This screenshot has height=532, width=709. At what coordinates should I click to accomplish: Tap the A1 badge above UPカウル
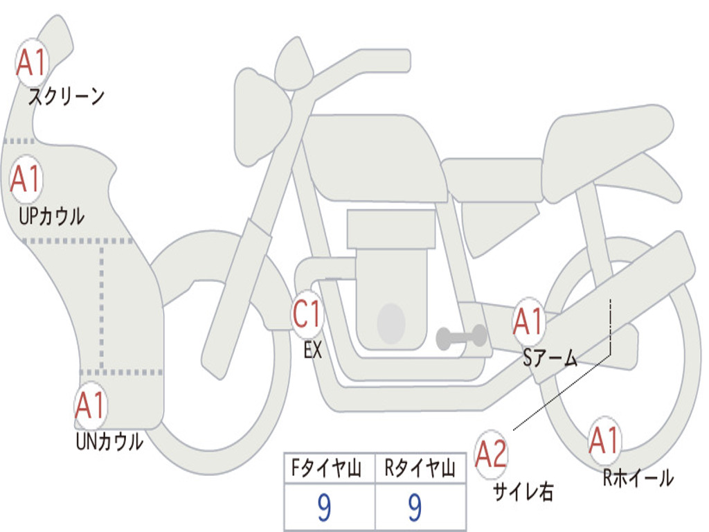coord(26,179)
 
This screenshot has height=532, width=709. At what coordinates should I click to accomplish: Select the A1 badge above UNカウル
coord(91,405)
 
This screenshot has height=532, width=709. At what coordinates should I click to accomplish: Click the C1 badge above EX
coord(307,314)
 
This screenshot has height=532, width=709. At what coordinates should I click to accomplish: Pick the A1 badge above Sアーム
coord(528,322)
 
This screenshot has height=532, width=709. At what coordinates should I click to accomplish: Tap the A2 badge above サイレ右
coord(491,454)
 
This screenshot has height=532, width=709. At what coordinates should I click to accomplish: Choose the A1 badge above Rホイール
coord(604,441)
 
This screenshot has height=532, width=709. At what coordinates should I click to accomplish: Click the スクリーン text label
coord(66,96)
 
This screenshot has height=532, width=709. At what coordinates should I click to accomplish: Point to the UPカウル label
coord(51,216)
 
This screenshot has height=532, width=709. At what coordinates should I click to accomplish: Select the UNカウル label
coord(109,441)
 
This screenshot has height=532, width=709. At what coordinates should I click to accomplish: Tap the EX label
coord(313,350)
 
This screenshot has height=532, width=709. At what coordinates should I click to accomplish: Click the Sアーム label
coord(550,358)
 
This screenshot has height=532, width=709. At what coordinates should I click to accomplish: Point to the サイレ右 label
coord(523,492)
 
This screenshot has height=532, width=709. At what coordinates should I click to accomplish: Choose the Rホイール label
coord(638,478)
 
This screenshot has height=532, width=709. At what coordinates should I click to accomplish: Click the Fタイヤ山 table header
coord(326,468)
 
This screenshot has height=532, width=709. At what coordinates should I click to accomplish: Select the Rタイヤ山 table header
coord(420,468)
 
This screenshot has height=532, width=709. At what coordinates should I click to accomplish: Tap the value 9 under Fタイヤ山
coord(324,507)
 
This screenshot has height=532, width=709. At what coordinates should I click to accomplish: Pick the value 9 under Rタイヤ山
coord(415,507)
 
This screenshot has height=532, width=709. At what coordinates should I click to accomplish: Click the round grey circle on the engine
coord(391,323)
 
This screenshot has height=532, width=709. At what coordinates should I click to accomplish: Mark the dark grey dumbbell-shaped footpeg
coord(461,337)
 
